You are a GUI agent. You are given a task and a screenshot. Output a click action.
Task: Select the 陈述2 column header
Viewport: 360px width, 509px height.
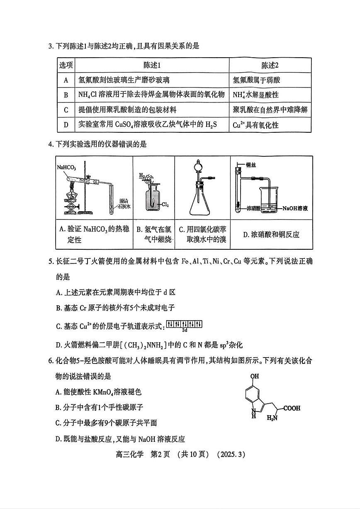(x=270, y=65)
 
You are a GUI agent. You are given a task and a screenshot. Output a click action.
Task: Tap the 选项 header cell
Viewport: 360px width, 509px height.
(x=66, y=65)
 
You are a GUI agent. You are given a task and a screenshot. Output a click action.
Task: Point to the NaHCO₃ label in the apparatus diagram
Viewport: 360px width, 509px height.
(x=66, y=167)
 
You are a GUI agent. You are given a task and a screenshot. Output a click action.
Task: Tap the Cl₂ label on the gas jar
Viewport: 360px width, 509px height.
(x=165, y=205)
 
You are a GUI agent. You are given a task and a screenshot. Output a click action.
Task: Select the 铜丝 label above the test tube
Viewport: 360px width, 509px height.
(x=251, y=165)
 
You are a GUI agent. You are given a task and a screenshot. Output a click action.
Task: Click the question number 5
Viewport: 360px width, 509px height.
(x=51, y=261)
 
